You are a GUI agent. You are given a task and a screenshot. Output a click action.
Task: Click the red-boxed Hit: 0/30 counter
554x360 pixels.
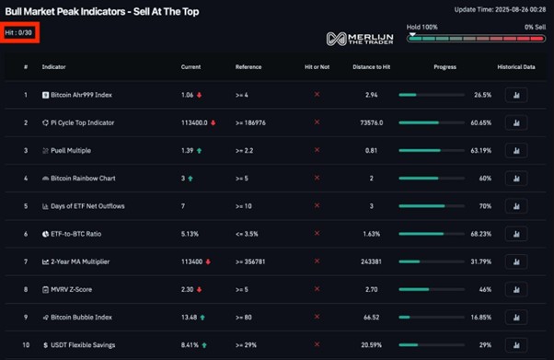tap(19, 32)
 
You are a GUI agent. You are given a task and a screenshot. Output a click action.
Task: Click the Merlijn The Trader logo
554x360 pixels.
tap(361, 39)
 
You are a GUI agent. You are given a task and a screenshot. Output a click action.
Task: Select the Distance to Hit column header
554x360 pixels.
tap(371, 67)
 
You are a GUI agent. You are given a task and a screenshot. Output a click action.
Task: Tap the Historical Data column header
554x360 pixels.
tap(516, 67)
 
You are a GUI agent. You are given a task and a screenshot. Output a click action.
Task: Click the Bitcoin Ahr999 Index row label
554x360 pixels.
tap(81, 95)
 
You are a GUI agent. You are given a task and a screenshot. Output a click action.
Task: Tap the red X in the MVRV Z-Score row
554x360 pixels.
tap(317, 290)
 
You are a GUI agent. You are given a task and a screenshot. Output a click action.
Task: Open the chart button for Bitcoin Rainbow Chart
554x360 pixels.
tap(516, 179)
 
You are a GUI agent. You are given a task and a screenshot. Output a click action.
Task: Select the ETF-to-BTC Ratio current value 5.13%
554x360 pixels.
tap(190, 234)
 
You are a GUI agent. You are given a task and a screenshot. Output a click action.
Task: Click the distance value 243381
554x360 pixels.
tap(371, 261)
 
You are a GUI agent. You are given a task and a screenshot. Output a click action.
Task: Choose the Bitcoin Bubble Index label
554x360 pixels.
tap(81, 318)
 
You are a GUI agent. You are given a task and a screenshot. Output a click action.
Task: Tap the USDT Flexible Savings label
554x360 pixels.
tap(83, 345)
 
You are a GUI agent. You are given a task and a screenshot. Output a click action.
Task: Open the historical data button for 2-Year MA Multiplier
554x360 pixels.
tap(516, 261)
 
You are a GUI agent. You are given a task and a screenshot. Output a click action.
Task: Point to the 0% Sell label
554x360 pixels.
tap(535, 27)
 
